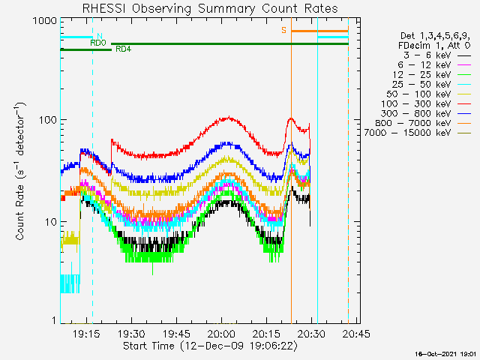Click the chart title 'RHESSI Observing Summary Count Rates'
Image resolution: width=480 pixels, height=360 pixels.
(210, 8)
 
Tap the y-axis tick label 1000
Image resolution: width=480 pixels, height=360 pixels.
(45, 21)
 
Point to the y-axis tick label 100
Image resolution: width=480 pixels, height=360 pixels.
(48, 120)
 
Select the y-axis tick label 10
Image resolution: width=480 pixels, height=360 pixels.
(51, 222)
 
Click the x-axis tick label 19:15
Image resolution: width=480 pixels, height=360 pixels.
(86, 333)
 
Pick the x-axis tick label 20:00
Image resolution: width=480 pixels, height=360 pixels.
(221, 333)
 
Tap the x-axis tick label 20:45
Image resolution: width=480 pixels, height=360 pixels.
(356, 333)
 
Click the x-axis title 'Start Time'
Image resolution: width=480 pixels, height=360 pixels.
(148, 346)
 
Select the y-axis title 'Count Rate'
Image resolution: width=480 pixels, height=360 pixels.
(19, 212)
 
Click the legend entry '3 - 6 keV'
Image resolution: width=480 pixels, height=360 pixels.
(427, 55)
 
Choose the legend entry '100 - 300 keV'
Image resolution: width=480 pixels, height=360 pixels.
(416, 103)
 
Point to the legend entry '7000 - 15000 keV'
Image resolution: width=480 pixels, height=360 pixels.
(407, 133)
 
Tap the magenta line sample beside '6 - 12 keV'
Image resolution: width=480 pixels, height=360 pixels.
(464, 65)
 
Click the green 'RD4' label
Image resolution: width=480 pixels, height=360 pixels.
(123, 49)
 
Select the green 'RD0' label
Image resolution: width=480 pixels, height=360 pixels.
(98, 43)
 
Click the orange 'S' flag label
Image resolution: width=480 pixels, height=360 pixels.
(283, 30)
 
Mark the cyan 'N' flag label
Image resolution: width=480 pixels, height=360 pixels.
(100, 36)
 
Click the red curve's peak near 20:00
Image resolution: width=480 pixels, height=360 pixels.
(229, 117)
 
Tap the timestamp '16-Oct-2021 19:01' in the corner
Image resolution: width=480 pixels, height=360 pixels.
(446, 354)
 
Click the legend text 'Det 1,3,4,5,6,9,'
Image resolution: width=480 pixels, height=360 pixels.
(435, 36)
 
